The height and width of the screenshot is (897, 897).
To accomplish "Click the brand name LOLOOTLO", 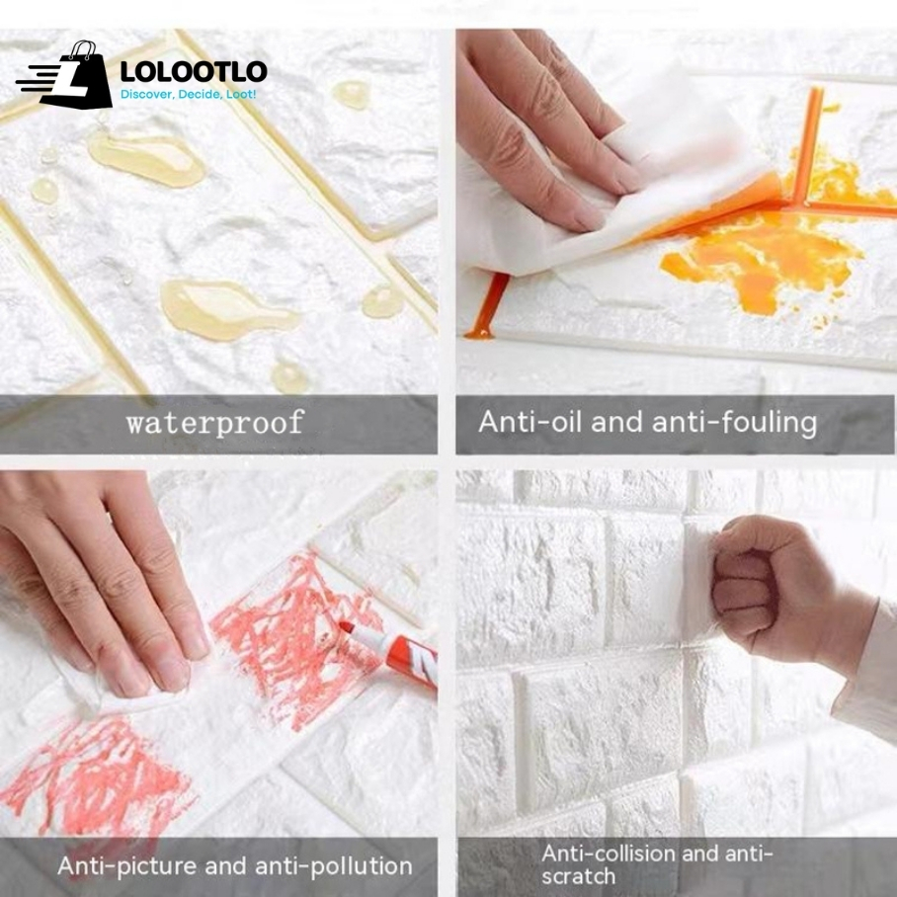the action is click(x=194, y=72).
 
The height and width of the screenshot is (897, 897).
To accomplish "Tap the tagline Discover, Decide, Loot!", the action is click(x=189, y=94).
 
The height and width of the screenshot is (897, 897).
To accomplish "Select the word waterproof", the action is click(x=214, y=424).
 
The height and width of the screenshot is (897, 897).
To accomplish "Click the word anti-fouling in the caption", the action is click(x=735, y=422).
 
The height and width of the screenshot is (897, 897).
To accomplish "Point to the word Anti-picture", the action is click(x=127, y=866).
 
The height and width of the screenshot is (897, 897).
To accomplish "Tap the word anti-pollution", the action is click(x=334, y=866).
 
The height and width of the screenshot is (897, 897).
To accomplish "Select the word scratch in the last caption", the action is click(x=578, y=876).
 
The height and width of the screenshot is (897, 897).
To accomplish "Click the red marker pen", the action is click(x=390, y=653).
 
